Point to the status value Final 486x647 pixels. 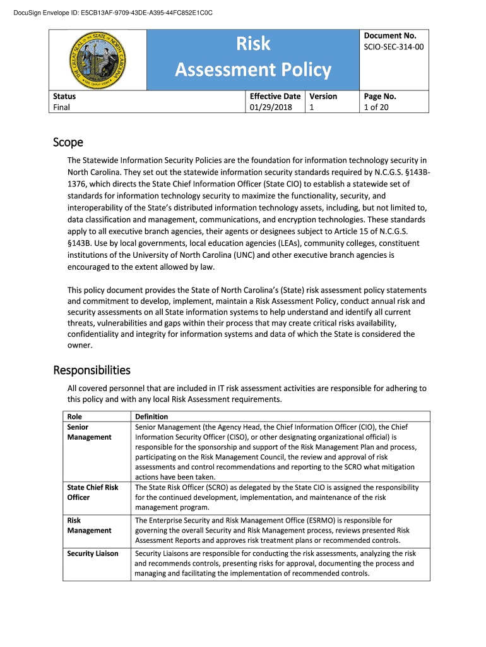[x=61, y=107]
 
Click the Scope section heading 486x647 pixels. [x=68, y=143]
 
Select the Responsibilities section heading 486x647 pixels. [x=92, y=370]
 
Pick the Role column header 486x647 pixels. [x=74, y=416]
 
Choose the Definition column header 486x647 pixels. [x=151, y=416]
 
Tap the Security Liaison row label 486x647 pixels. [x=93, y=553]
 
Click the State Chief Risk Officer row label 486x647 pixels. [x=93, y=492]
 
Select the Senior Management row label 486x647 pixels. [x=89, y=432]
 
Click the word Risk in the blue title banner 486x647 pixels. [x=253, y=44]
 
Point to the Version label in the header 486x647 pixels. [x=323, y=96]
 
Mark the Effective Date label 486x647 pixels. [x=275, y=96]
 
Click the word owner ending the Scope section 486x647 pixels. [x=80, y=345]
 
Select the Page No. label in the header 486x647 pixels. [x=380, y=96]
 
